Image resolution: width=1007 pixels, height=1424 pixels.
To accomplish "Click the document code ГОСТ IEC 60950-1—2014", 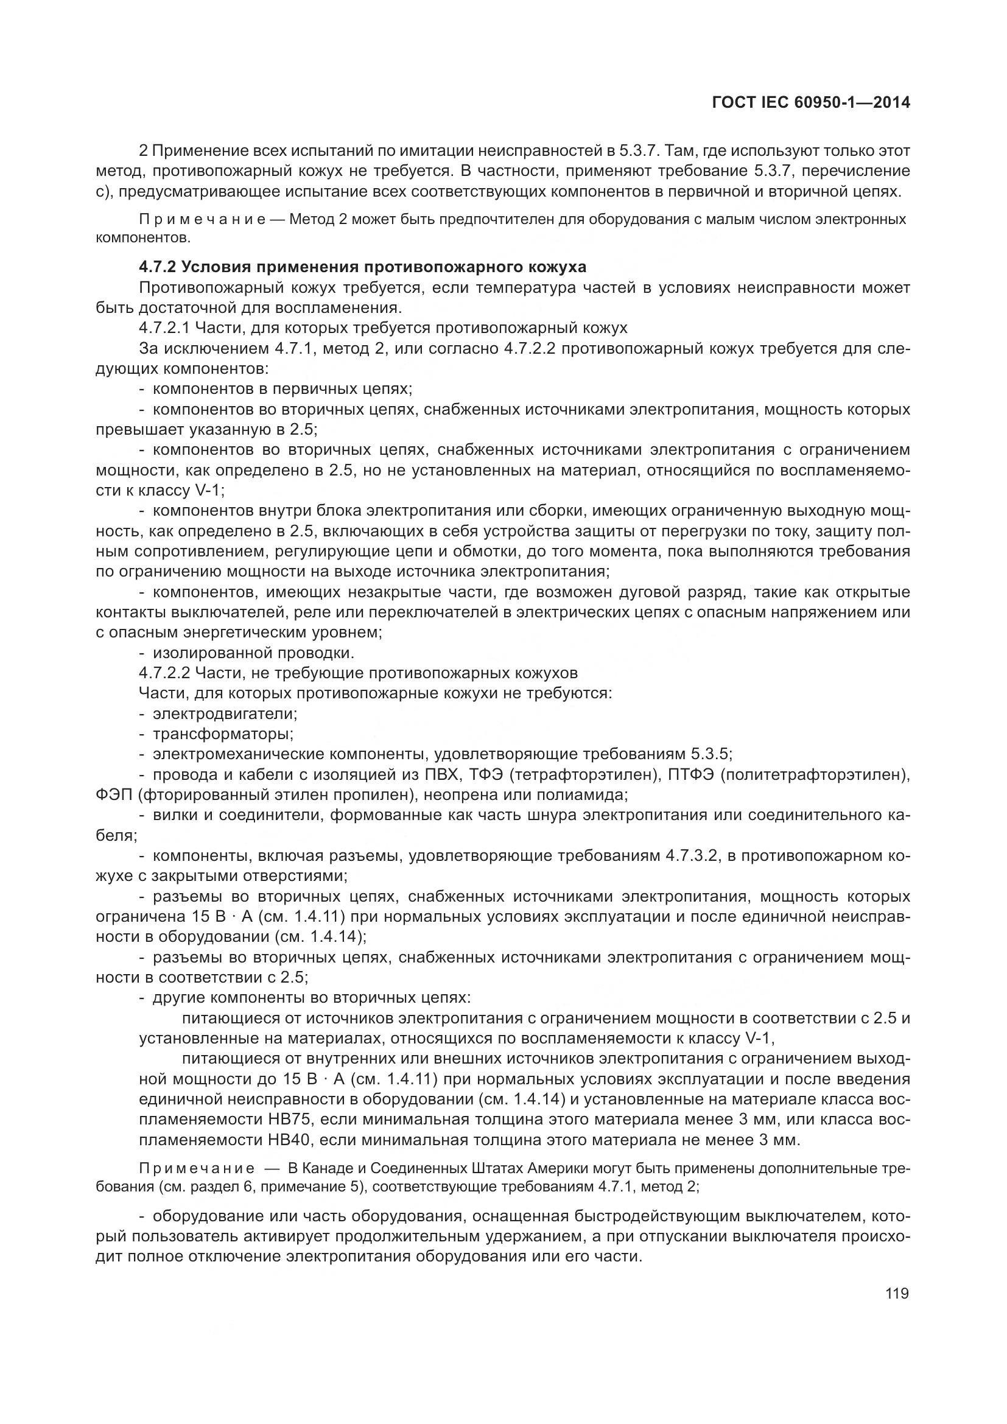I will click(x=811, y=103).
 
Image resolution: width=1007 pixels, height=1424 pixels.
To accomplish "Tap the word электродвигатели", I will click(x=225, y=714).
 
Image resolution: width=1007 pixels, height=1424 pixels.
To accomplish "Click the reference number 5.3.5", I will click(x=711, y=755).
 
